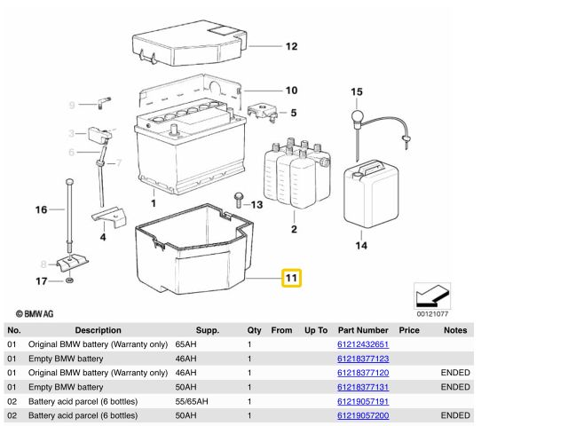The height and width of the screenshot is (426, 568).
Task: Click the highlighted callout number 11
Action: coord(292,279)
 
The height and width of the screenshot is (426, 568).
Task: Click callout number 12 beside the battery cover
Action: coord(291,46)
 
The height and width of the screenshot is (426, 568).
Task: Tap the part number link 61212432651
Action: coord(362,344)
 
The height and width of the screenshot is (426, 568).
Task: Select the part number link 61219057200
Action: coord(362,415)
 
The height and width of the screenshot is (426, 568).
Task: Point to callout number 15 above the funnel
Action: coord(357,92)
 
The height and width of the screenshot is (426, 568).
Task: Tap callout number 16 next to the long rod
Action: coord(41,210)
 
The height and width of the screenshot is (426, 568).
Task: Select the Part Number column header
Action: coord(362,330)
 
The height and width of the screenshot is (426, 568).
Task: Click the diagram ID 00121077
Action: coord(432,313)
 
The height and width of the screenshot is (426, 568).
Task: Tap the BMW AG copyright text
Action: coord(35,313)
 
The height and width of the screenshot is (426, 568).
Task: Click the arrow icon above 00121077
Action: coord(432,294)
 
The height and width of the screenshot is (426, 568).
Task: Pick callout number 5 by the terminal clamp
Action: coord(293,113)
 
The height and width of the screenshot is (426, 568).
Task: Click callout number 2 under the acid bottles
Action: coord(294,231)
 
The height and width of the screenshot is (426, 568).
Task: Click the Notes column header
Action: coord(455,330)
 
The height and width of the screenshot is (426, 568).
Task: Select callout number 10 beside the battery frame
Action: coord(291,91)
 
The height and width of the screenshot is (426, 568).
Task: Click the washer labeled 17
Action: coord(69,282)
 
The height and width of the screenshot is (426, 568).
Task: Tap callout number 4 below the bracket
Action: coord(103,237)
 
